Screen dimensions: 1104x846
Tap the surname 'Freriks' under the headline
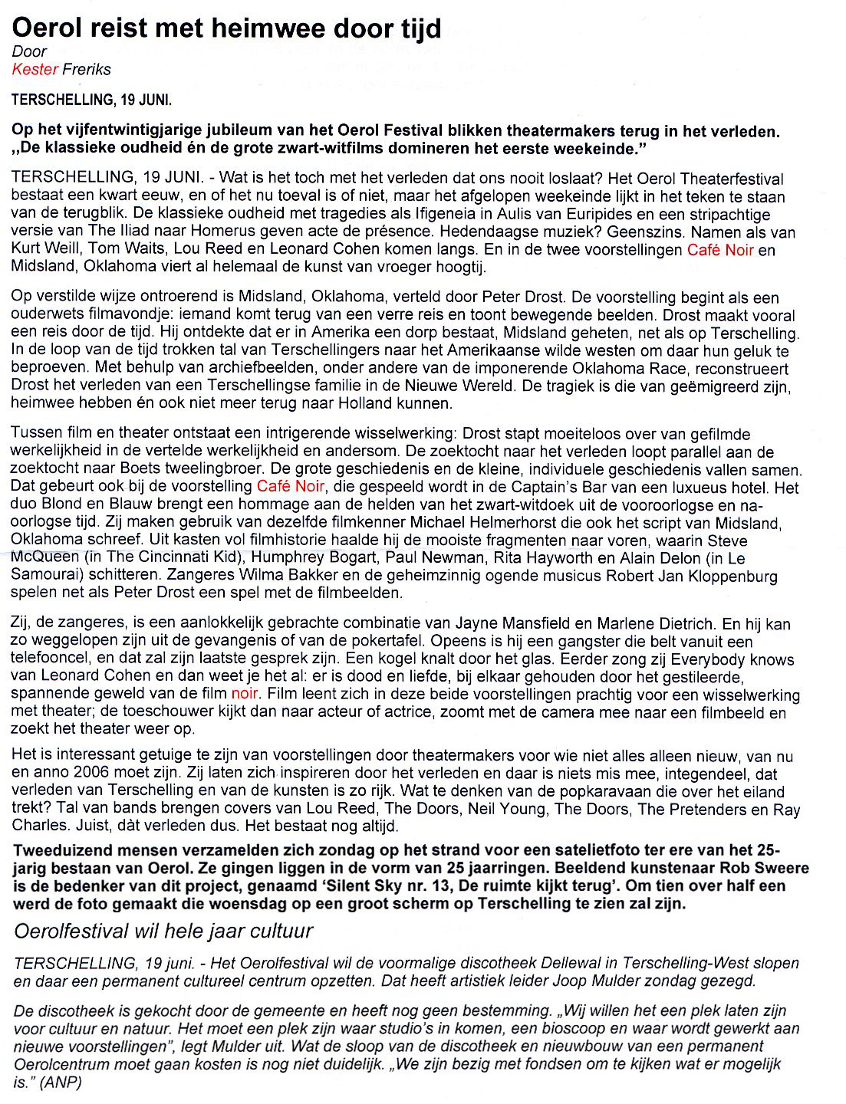click(87, 70)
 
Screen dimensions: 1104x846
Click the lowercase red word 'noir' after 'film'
click(245, 695)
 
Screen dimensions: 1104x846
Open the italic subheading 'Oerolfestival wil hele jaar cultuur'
click(164, 932)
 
